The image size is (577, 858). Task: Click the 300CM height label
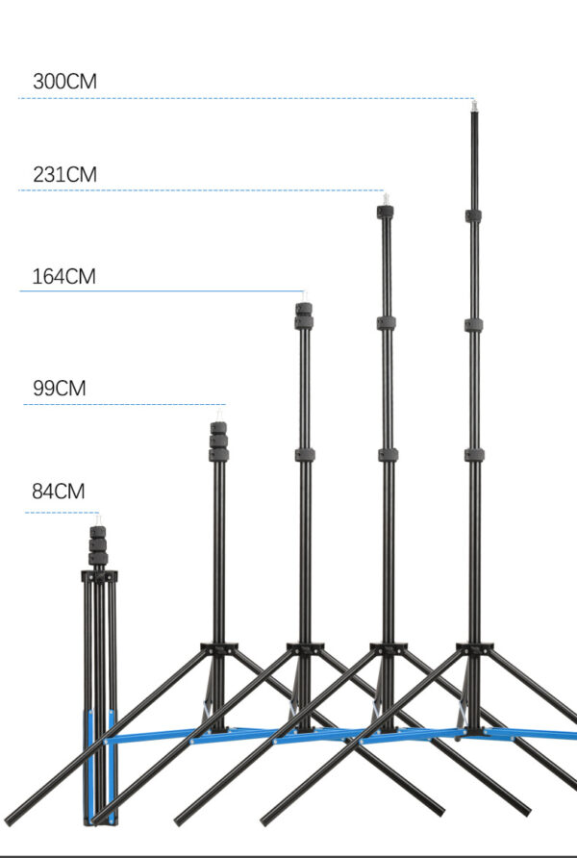click(64, 82)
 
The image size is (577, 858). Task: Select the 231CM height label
click(64, 174)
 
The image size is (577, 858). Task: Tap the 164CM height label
click(64, 276)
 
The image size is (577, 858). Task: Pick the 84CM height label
click(59, 492)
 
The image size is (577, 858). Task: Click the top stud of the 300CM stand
click(474, 105)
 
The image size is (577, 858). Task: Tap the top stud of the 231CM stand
click(386, 199)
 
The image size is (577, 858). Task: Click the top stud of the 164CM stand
click(304, 296)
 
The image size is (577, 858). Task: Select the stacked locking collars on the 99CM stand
click(218, 442)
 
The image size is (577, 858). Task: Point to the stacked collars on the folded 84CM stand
click(98, 545)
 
